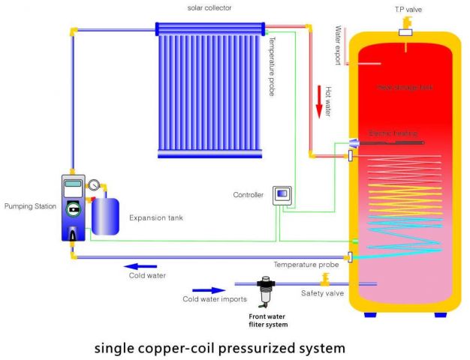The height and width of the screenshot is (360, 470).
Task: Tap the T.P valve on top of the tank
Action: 405,33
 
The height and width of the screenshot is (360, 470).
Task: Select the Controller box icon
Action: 281,194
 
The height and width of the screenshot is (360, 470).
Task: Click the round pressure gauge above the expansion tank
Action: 95,184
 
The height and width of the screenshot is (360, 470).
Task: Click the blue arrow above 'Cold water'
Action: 140,265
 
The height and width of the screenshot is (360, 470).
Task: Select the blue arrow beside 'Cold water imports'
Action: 209,289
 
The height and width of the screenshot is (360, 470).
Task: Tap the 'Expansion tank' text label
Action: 157,218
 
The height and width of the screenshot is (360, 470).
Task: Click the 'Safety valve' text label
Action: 323,293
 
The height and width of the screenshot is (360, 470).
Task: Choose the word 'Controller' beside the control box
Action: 248,195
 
